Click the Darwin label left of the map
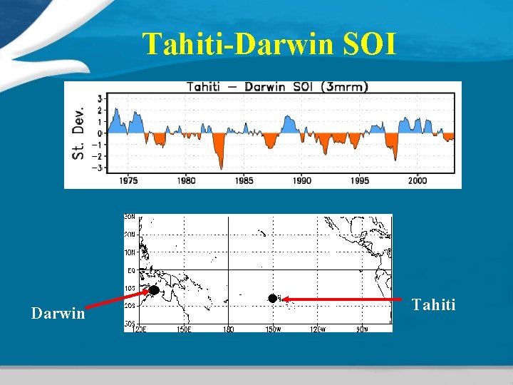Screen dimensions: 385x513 coord(58,313)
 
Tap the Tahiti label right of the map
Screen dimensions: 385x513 coord(433,305)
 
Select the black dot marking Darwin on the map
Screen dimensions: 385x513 coord(153,290)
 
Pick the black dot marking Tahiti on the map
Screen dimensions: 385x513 coord(271,298)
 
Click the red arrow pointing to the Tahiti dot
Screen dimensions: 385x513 coord(342,300)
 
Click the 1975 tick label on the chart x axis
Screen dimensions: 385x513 coord(128,180)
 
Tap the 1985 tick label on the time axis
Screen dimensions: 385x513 coord(244,180)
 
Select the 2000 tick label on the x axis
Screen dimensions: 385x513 coord(418,180)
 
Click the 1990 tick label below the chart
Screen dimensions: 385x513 coord(302,180)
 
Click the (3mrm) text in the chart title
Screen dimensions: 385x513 coord(344,87)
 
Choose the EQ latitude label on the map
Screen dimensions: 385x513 coord(131,271)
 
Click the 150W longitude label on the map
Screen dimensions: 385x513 coord(274,329)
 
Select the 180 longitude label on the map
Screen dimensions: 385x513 coord(229,329)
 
